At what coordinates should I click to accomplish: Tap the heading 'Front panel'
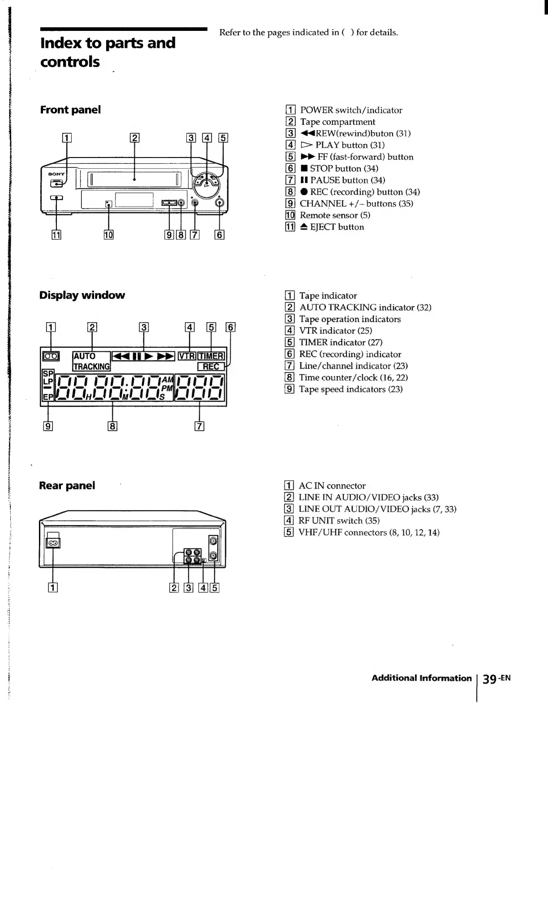click(x=70, y=110)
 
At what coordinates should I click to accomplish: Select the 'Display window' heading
click(x=82, y=295)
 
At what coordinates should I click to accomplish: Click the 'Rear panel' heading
click(x=67, y=486)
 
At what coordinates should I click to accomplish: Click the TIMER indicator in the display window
click(x=211, y=356)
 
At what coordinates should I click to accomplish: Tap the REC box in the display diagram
click(x=211, y=366)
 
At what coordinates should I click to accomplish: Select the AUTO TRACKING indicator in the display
click(x=91, y=361)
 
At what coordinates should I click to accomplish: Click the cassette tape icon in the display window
click(x=50, y=356)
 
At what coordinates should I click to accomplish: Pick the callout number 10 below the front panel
click(x=108, y=234)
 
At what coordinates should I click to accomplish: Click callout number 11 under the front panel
click(x=56, y=234)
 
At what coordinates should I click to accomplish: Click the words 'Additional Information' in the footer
click(x=421, y=678)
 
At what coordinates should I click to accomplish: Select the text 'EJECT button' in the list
click(x=337, y=227)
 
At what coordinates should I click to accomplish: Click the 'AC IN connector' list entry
click(x=332, y=486)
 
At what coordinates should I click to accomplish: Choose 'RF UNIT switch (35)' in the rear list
click(x=339, y=521)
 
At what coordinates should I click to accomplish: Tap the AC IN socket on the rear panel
click(x=53, y=543)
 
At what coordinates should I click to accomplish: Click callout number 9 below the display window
click(x=48, y=426)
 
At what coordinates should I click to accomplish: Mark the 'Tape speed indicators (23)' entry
click(x=351, y=389)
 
